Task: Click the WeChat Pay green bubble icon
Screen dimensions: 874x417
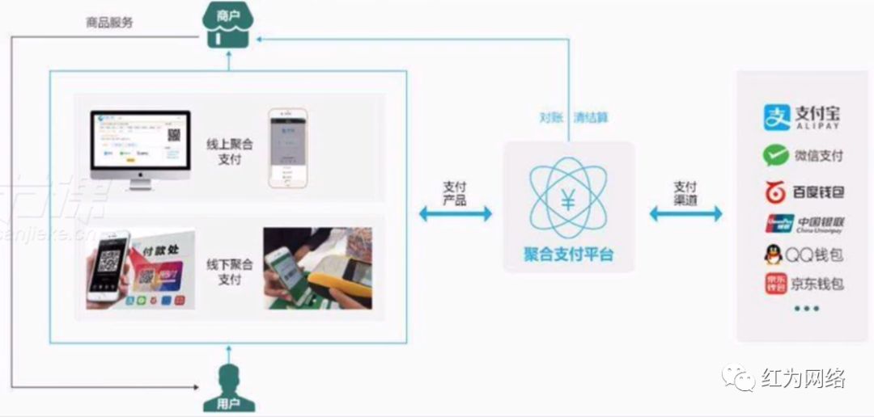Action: [774, 155]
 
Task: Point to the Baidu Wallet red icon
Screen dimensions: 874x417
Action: [775, 192]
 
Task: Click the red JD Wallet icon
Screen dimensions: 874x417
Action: [775, 284]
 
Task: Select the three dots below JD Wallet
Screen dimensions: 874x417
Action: [806, 309]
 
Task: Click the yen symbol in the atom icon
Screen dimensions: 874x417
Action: [568, 202]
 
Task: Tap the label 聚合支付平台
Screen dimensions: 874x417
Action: [568, 255]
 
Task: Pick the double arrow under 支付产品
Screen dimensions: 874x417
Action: [455, 213]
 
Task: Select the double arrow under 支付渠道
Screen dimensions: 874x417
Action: [685, 213]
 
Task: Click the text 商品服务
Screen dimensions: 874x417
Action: [109, 23]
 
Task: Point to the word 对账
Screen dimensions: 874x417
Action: [551, 117]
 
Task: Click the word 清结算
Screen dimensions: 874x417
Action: [591, 117]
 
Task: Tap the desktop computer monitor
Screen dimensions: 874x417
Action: [140, 145]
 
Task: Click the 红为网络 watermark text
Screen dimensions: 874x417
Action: [804, 377]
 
